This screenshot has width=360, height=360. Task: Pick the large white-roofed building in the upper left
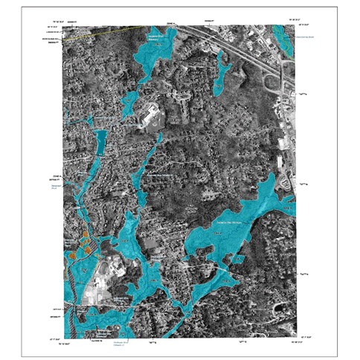tap(149, 116)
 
